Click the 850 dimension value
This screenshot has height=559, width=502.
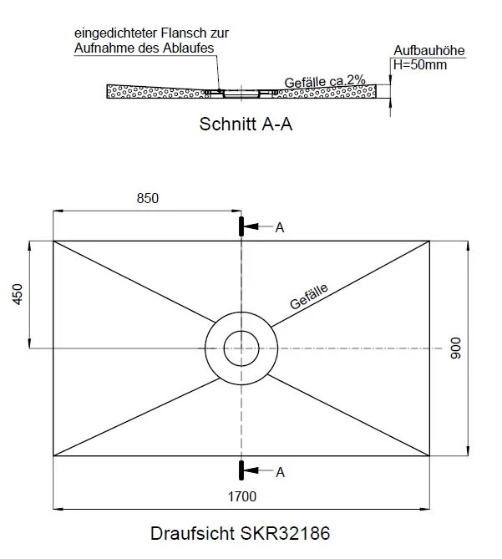point(148,198)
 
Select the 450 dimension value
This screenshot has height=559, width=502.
point(18,294)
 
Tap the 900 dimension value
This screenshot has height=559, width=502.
point(456,348)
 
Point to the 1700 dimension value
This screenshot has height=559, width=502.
point(242,496)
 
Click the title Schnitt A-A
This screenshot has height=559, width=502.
point(246,124)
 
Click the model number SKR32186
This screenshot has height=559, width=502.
point(285,534)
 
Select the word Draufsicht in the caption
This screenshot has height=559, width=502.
point(193,534)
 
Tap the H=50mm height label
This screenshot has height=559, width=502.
point(420,65)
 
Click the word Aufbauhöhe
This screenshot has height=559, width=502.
point(429,50)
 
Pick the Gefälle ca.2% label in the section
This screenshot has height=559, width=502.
point(325,82)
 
